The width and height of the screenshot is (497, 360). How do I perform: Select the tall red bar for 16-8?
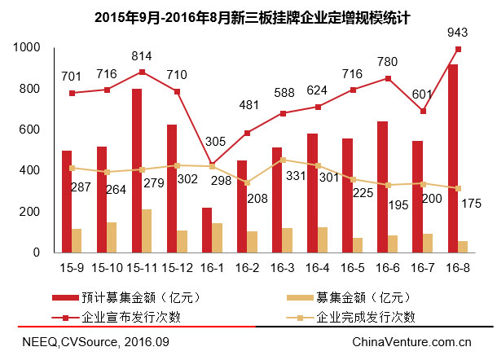(453, 159)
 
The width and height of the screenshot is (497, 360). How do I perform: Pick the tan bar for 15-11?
(147, 231)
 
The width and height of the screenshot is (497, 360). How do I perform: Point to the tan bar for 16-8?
(463, 247)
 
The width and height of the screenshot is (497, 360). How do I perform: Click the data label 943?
(459, 33)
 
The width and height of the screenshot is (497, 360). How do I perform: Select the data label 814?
(143, 56)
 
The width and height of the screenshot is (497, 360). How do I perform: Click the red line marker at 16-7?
(423, 111)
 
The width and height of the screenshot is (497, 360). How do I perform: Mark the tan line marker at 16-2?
(248, 183)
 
